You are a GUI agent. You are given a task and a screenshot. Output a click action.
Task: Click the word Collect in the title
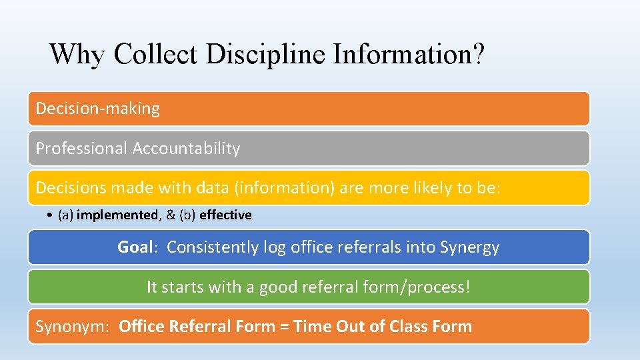point(155,54)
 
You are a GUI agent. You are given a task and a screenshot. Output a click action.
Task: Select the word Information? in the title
point(404,54)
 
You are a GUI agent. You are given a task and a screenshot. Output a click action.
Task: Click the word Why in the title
point(77,54)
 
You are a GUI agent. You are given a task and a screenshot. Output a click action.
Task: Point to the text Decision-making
point(97,109)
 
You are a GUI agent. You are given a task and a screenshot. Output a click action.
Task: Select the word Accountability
point(186,149)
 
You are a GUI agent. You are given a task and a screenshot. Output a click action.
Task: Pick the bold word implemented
point(116,215)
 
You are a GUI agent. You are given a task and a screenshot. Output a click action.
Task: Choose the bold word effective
point(225,215)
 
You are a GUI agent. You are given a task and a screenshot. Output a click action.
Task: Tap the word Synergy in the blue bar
point(469,247)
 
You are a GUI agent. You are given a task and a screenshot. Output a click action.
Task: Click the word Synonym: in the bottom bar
point(73,327)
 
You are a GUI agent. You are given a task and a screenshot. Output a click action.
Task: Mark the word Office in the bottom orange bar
point(141,327)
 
